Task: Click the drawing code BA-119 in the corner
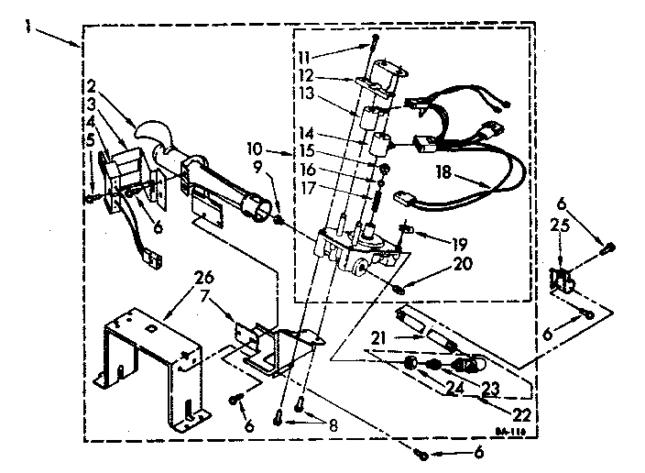click(512, 432)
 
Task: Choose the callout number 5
click(91, 138)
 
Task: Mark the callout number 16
click(307, 169)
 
